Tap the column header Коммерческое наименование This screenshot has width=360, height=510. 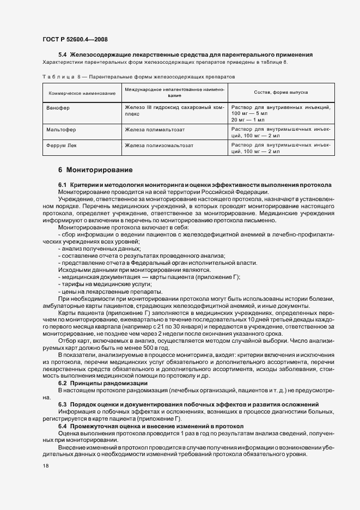82,94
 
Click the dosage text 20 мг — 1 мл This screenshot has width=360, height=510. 248,119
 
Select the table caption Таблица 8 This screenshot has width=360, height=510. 59,78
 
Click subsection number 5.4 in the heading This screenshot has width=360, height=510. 63,54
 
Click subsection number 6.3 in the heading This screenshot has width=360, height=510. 63,404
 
